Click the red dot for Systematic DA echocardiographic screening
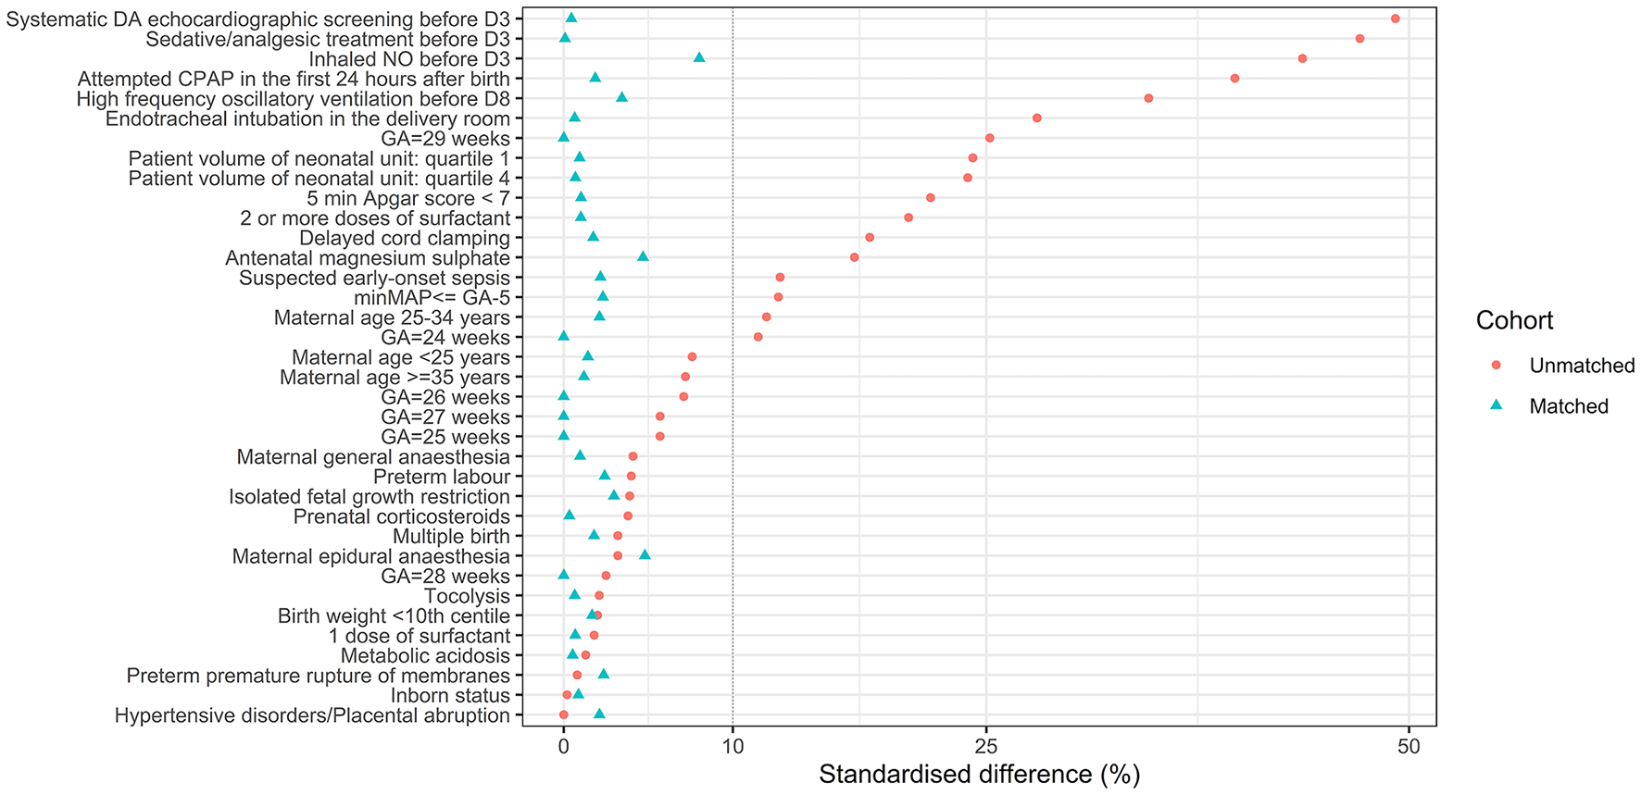(x=1395, y=19)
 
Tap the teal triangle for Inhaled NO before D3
(x=699, y=58)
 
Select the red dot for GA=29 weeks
(x=989, y=138)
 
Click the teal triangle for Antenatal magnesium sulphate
(x=643, y=256)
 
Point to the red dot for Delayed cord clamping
(x=870, y=238)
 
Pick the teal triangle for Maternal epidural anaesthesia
(x=645, y=555)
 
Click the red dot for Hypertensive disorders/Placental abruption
(x=563, y=714)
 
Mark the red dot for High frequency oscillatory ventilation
(x=1148, y=98)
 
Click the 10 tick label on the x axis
(x=733, y=747)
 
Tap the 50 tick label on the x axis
(x=1409, y=747)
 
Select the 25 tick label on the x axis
(x=986, y=747)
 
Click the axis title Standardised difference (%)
(x=979, y=775)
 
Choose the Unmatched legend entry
(x=1582, y=366)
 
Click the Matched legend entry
(x=1569, y=406)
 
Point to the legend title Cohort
(x=1514, y=320)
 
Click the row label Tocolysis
(x=467, y=596)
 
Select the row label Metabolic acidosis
(x=425, y=655)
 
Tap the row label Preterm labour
(x=442, y=477)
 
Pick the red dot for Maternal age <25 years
(x=692, y=356)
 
